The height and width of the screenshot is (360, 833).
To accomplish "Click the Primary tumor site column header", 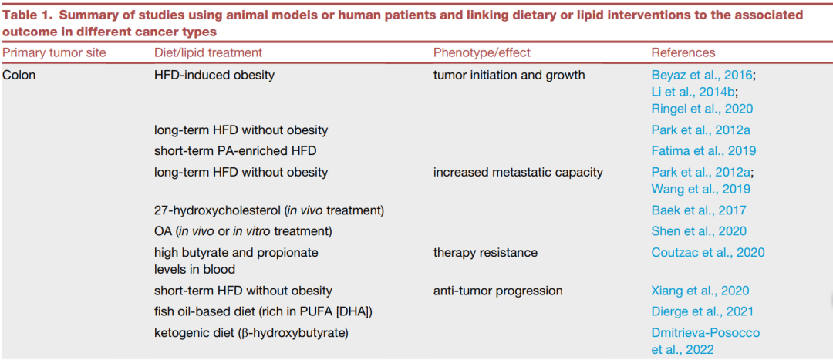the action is [x=54, y=52].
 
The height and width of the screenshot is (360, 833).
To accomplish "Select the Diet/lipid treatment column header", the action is [x=207, y=52].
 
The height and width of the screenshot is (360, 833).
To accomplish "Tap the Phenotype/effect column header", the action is [x=482, y=52].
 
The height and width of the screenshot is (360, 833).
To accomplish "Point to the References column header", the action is [x=683, y=52].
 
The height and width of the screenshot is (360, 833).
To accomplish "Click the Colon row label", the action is [x=19, y=75].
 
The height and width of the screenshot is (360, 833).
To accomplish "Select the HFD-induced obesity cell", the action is [x=214, y=75].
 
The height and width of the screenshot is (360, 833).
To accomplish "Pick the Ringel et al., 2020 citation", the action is [x=703, y=109].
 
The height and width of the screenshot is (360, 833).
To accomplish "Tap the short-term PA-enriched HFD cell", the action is [x=235, y=151].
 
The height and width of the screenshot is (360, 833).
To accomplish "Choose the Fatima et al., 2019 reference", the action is [x=704, y=151].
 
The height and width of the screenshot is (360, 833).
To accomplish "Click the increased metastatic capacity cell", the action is [x=518, y=172].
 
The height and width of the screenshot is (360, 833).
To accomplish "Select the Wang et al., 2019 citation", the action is [x=700, y=189].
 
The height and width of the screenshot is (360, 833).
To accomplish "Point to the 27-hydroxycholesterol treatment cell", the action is [x=269, y=210].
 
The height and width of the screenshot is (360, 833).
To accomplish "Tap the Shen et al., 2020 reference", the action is [x=699, y=231].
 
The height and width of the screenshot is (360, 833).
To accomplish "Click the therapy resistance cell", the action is [x=485, y=252].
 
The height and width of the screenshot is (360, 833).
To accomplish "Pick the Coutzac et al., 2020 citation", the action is [x=708, y=252].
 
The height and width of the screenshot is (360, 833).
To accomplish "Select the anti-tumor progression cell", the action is [x=497, y=291].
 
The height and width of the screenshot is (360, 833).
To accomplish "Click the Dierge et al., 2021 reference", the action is [x=703, y=311].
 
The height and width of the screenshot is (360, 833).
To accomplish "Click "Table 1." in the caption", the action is [x=29, y=15].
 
